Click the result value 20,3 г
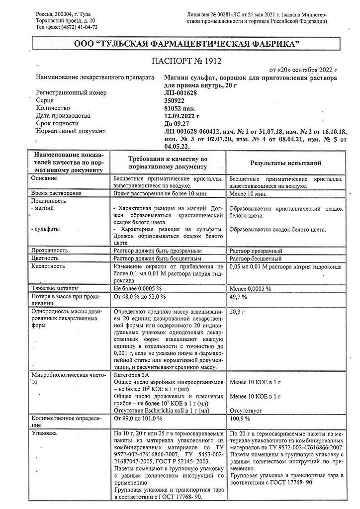point(239,311)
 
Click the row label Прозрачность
point(50,251)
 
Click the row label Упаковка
point(43,433)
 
